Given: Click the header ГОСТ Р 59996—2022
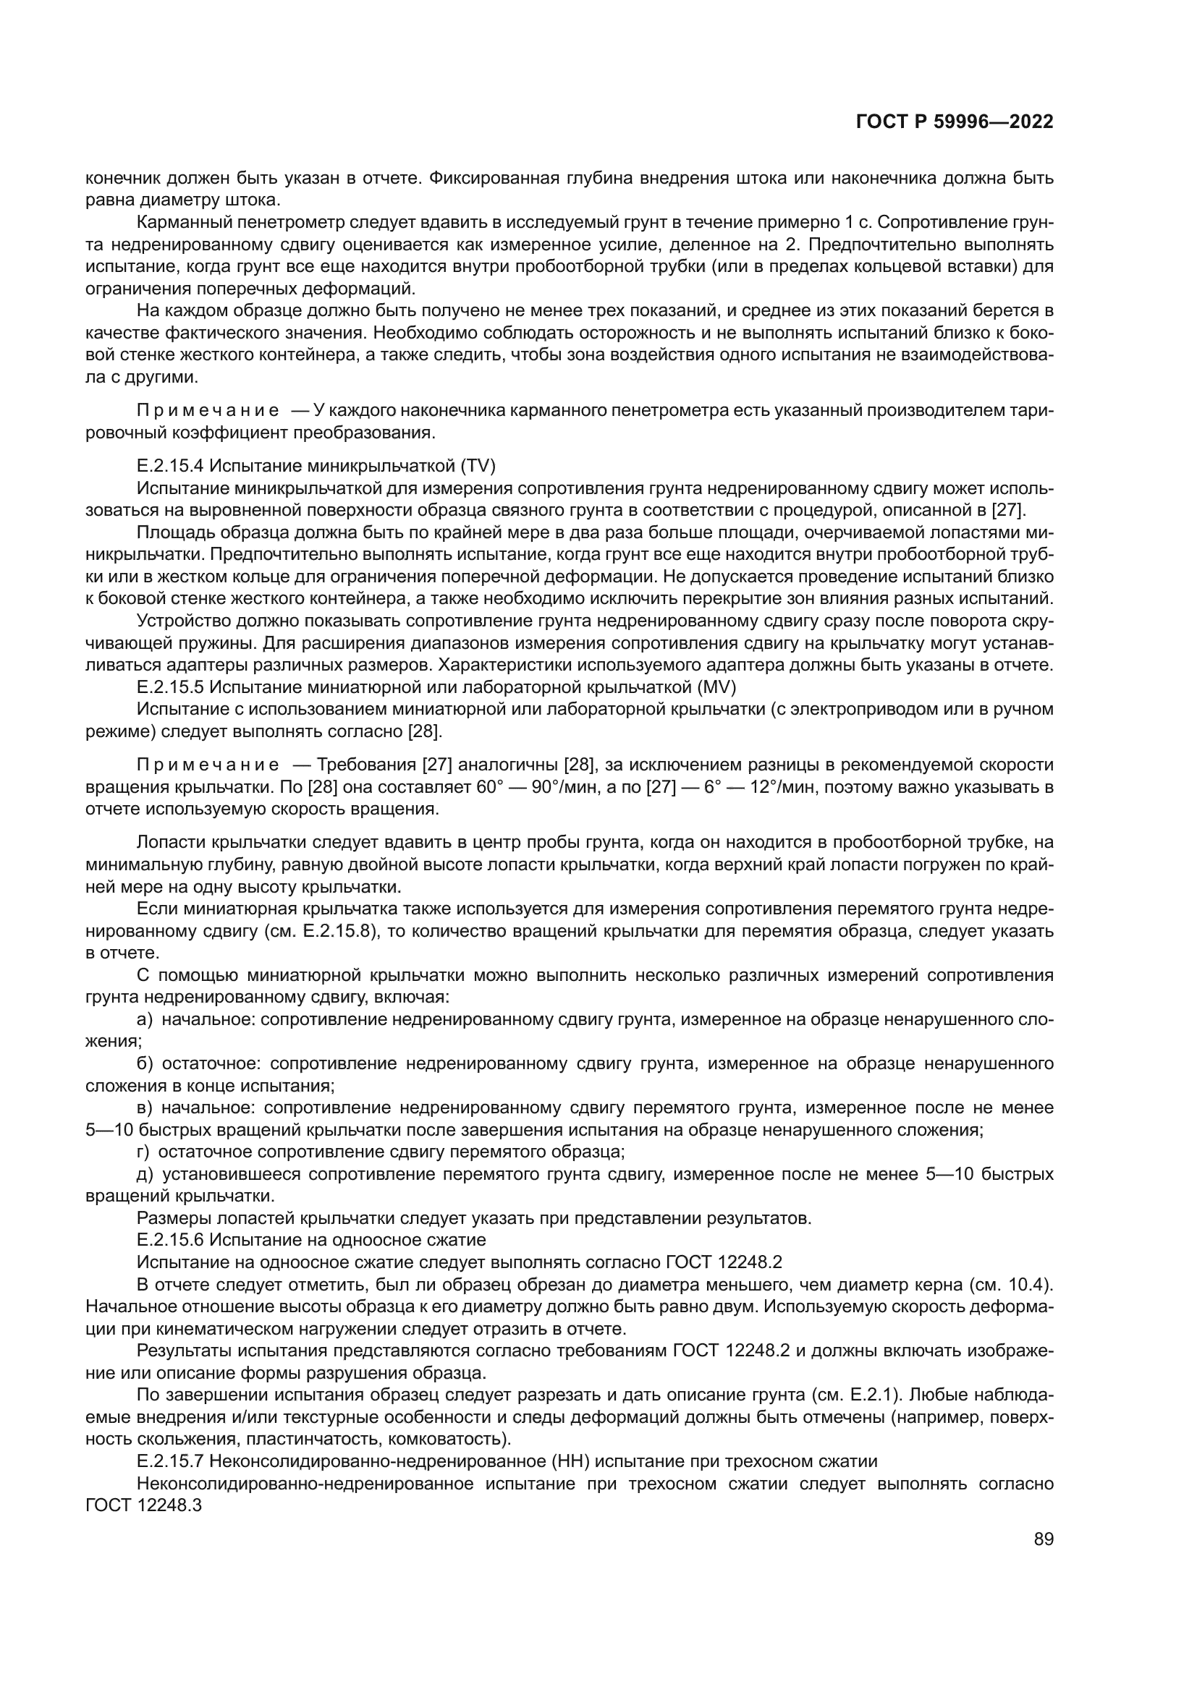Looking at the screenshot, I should point(955,122).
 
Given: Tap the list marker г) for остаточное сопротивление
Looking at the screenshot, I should point(143,1151).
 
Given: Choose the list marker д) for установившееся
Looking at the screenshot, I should point(145,1173).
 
